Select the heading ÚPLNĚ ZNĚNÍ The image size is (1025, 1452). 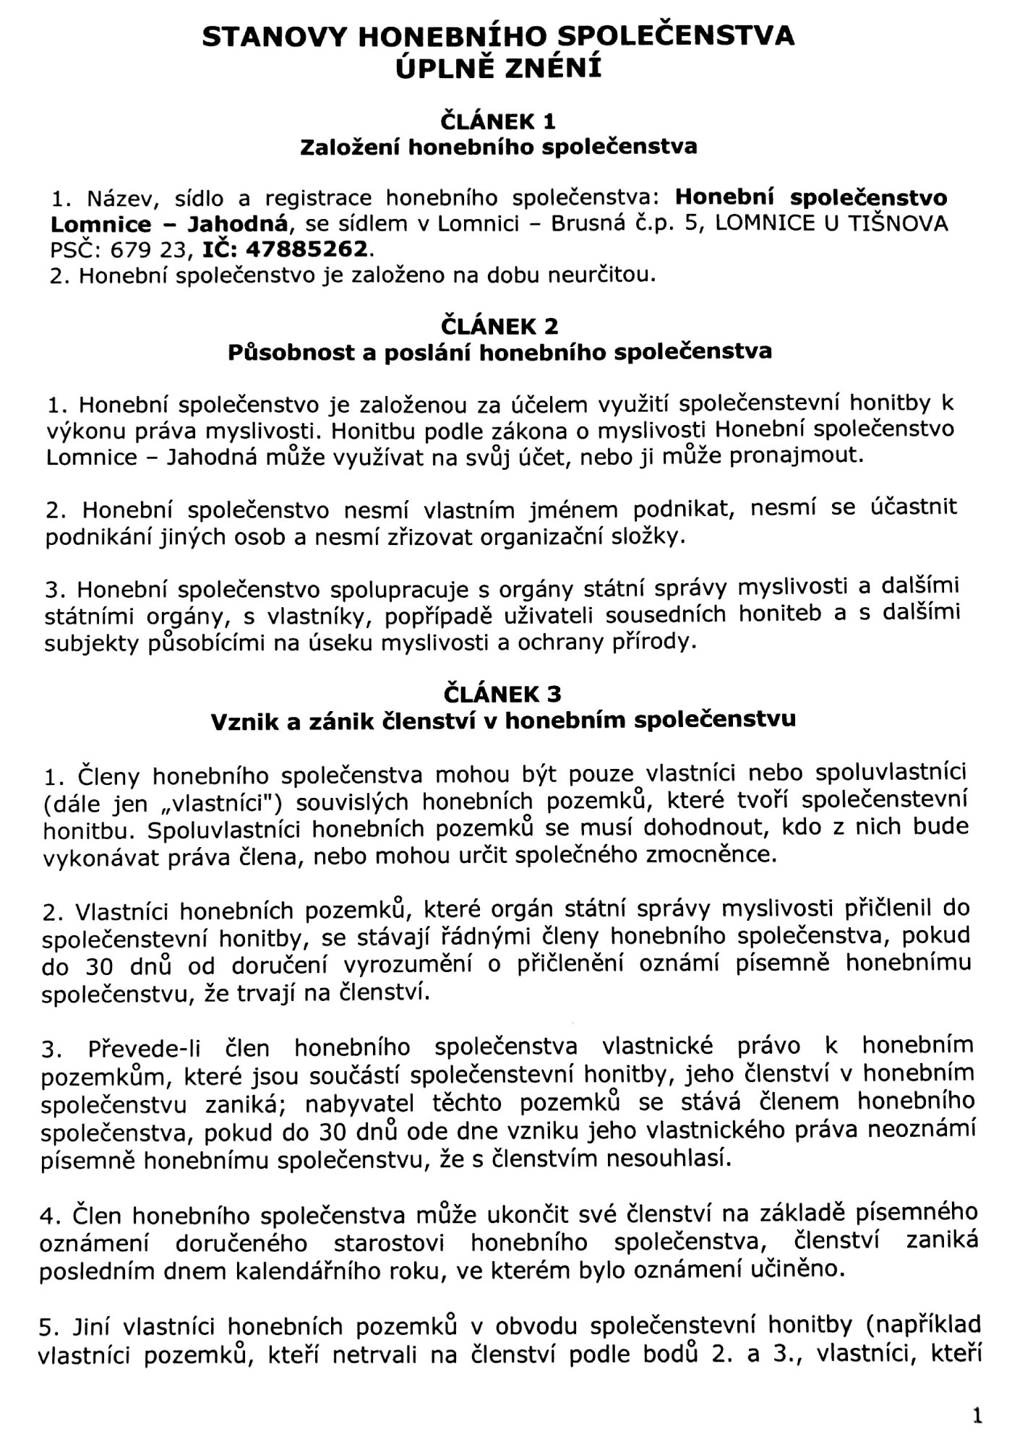[x=498, y=69]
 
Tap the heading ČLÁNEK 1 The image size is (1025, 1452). [x=498, y=121]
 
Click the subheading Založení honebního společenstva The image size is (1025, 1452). [x=498, y=147]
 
